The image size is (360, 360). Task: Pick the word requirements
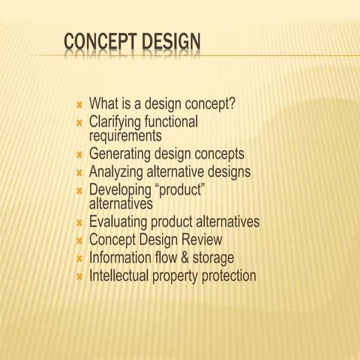(x=125, y=136)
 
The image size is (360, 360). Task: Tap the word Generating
(x=120, y=154)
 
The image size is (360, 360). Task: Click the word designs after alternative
(x=225, y=172)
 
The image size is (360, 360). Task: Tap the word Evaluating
(x=118, y=223)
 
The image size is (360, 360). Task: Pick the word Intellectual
(x=121, y=275)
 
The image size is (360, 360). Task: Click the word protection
(x=224, y=276)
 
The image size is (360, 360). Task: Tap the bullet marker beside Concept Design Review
(x=79, y=241)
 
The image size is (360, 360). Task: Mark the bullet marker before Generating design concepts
(x=79, y=155)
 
